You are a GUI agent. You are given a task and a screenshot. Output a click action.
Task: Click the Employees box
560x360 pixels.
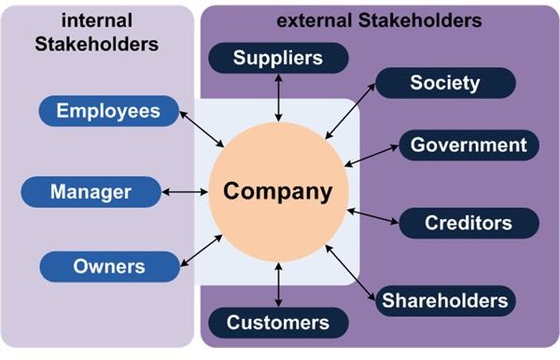coord(108,112)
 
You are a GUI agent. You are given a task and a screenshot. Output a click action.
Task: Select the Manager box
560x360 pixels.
coord(91,192)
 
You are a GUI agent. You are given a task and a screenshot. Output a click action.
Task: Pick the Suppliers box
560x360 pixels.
coord(277,58)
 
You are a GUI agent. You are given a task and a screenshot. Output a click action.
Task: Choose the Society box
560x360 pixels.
coord(444,82)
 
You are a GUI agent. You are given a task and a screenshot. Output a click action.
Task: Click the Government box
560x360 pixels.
coord(469,145)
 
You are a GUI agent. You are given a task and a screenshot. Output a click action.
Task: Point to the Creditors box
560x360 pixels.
coord(469,223)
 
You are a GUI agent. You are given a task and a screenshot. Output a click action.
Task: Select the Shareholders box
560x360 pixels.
coord(444,299)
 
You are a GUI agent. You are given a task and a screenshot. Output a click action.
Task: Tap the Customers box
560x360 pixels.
coord(277,323)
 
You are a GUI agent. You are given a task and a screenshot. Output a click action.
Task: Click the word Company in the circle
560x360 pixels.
coord(277,192)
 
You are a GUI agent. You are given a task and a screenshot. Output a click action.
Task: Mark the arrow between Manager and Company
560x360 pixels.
coord(184,192)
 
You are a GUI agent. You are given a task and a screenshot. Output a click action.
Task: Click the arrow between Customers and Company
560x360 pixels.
coord(277,285)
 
